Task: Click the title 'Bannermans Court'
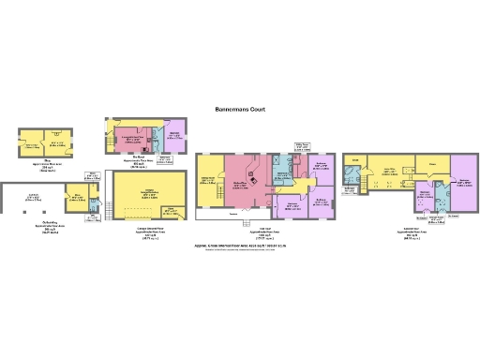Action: coord(239,110)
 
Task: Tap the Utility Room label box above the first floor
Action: coord(303,145)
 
